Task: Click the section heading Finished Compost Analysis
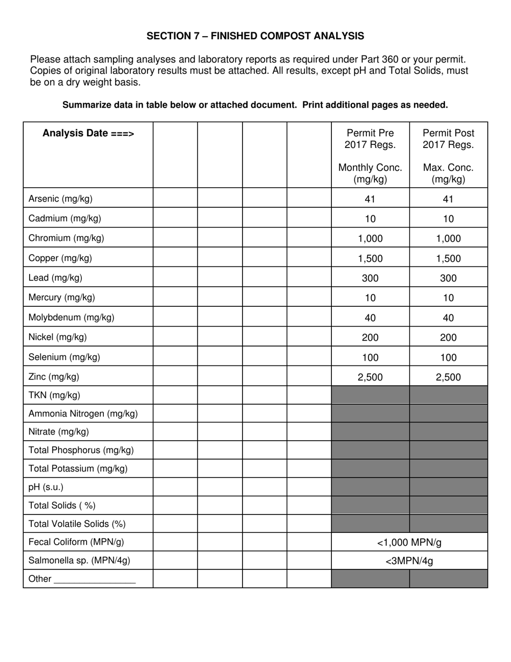point(255,36)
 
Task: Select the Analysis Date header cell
point(88,133)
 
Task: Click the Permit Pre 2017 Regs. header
point(370,139)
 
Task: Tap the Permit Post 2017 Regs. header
point(448,139)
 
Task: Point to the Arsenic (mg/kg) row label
point(60,199)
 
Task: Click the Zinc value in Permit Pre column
point(370,377)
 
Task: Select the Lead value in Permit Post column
point(448,278)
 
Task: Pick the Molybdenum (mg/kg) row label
point(71,318)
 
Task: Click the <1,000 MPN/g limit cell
point(409,543)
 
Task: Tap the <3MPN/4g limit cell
point(409,561)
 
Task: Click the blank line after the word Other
point(95,580)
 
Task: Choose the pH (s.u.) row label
point(46,487)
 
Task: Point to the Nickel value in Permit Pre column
point(370,337)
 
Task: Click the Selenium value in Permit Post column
point(448,357)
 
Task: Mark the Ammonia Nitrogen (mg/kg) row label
point(83,414)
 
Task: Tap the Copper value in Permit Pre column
point(370,258)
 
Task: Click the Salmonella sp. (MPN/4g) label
point(79,560)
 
